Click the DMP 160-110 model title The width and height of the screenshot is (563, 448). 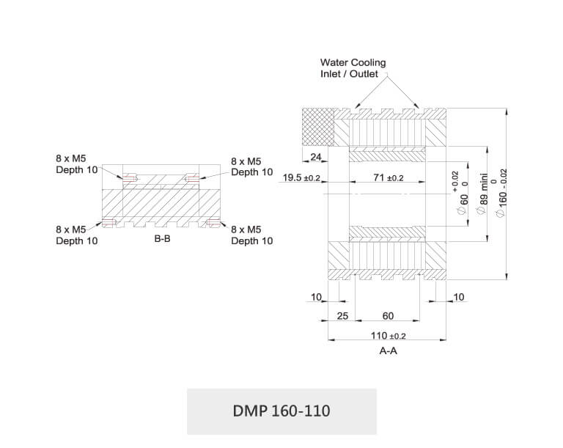281,411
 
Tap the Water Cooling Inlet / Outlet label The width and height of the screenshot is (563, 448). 353,68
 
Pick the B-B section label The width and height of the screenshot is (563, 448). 162,239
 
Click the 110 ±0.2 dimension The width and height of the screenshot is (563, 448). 389,335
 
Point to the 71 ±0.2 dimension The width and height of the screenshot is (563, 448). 387,178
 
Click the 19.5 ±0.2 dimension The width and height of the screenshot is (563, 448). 301,178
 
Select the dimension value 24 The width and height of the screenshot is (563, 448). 317,157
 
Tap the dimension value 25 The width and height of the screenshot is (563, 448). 342,316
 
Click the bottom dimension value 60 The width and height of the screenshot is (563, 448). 388,316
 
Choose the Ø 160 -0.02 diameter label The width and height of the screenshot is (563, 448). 501,192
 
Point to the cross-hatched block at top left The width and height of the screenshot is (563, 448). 319,126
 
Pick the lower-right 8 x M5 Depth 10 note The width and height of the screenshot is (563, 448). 251,235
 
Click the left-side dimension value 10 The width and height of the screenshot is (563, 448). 317,297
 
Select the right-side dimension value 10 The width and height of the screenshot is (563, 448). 459,297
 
